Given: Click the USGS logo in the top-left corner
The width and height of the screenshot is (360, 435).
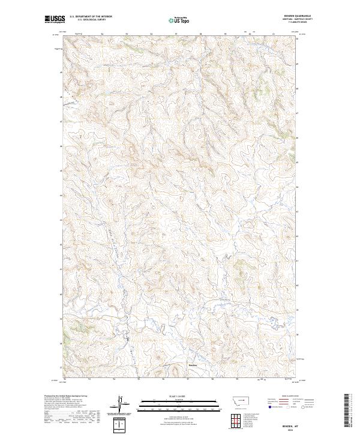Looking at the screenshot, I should coord(55,20).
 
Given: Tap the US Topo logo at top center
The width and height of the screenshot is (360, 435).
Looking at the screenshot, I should coord(180,20).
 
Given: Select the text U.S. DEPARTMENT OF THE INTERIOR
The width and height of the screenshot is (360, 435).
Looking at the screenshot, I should coord(90,17).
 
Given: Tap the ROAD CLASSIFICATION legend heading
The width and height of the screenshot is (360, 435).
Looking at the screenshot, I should coord(285,395).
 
